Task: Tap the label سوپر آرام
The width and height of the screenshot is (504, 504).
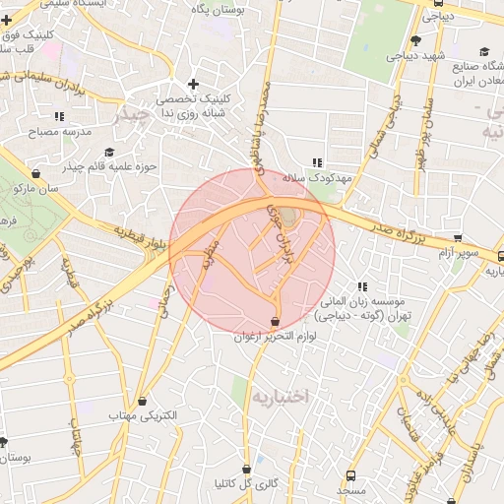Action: [460, 253]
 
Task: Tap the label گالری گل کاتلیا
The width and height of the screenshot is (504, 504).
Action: [247, 484]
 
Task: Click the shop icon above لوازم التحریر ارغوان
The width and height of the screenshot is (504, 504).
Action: [275, 323]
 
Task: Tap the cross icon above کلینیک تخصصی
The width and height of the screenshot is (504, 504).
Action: [193, 84]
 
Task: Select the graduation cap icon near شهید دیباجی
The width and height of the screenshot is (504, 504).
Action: [416, 40]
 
